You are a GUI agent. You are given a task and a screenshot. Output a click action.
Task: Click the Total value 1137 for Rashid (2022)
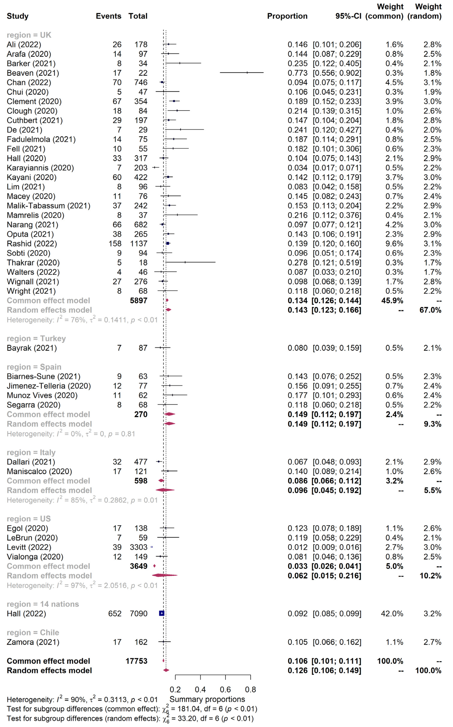(139, 244)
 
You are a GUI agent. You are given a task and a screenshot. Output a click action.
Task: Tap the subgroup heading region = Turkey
(36, 339)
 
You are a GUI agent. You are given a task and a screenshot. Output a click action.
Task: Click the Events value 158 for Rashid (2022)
(115, 244)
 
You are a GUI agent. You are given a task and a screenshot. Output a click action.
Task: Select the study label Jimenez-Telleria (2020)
(49, 386)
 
